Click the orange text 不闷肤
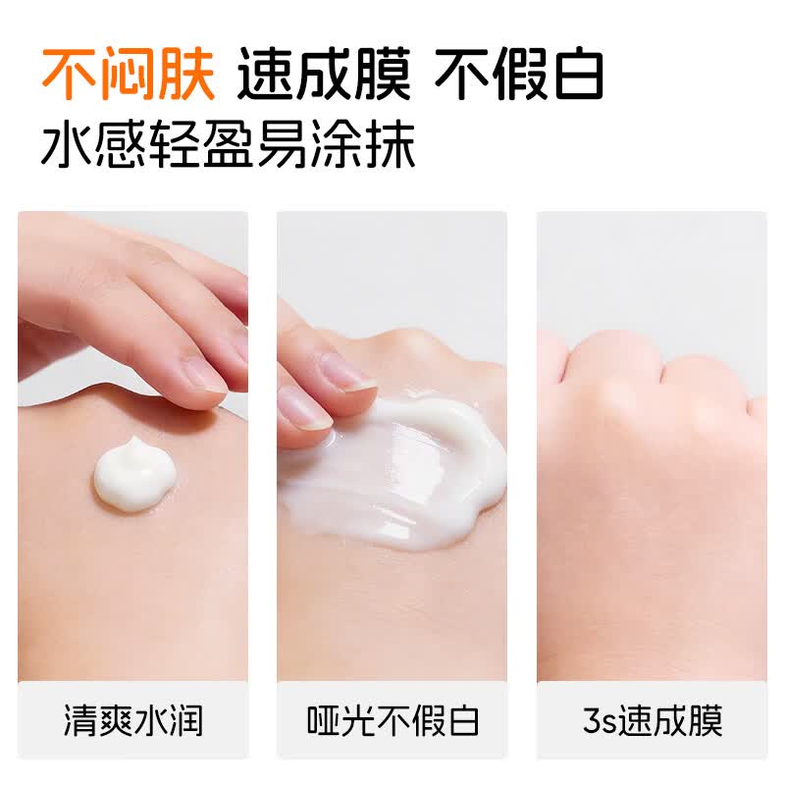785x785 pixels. [129, 75]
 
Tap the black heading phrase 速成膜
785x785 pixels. [323, 75]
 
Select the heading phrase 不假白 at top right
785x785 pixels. [519, 75]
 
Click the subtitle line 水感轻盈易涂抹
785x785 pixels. [229, 146]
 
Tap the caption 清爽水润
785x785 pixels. [133, 721]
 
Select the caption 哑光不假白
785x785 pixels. [392, 721]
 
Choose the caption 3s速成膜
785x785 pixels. [652, 721]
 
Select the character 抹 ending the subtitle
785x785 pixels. [390, 146]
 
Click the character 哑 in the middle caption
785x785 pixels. [323, 721]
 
